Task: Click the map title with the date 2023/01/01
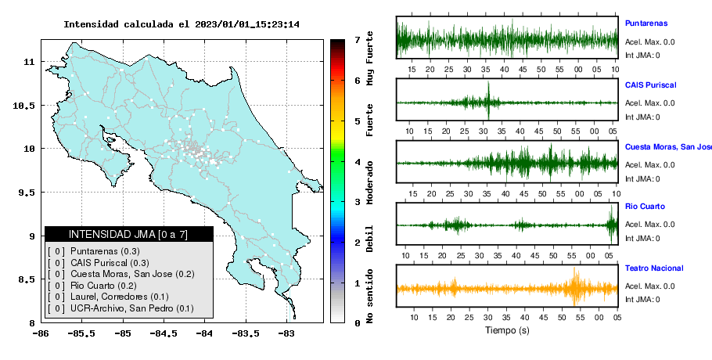(182, 24)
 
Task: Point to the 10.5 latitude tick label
(25, 106)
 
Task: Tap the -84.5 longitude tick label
(164, 333)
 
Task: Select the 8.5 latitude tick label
(27, 279)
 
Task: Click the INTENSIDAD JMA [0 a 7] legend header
(128, 234)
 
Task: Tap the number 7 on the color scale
(358, 40)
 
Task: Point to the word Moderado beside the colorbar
(369, 182)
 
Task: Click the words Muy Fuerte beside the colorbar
(369, 58)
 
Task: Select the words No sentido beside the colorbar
(369, 296)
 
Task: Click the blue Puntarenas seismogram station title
(646, 23)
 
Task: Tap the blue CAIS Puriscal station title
(651, 85)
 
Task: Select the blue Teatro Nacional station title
(654, 268)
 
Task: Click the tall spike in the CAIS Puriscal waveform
(488, 100)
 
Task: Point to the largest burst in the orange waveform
(575, 286)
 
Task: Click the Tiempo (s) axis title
(507, 330)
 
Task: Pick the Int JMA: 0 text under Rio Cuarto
(642, 239)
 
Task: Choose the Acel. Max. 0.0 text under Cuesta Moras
(649, 165)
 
